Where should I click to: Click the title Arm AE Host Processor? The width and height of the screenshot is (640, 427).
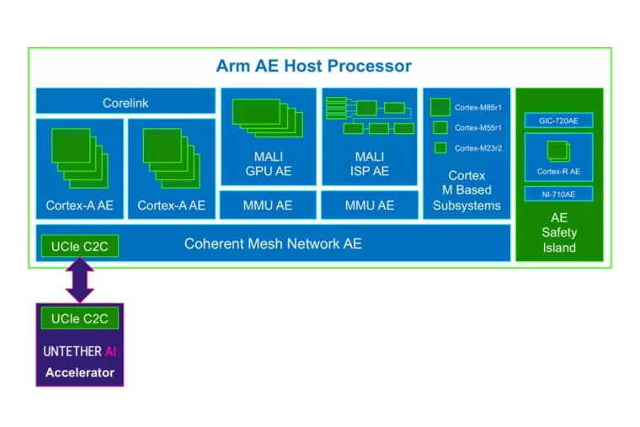point(313,66)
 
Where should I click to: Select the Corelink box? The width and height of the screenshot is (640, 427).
point(125,103)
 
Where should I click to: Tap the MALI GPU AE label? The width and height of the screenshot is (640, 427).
point(268,163)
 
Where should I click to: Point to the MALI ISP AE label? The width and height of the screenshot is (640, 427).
point(369,163)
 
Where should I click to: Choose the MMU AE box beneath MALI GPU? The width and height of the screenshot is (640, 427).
point(268,205)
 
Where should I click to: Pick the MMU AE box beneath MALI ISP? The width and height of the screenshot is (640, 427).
point(369,205)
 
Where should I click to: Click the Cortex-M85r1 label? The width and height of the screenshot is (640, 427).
point(477,107)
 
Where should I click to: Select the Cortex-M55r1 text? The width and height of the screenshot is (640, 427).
point(477,128)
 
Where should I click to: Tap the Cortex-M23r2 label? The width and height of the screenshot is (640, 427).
point(477,148)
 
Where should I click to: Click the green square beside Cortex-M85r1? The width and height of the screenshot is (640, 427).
point(440,107)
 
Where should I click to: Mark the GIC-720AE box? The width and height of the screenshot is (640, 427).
point(558,120)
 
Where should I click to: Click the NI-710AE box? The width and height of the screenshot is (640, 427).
point(558,195)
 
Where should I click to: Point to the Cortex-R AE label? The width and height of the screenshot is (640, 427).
point(558,172)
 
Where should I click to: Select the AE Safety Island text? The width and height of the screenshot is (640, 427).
point(559,232)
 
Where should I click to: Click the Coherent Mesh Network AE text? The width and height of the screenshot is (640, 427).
point(273,243)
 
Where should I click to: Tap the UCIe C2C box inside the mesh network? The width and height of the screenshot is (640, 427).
point(79,246)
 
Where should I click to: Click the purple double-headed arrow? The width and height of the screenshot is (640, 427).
point(80,280)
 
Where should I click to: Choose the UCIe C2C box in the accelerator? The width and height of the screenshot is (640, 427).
point(79,318)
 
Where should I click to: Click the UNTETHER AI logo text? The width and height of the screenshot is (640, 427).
point(79,350)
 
